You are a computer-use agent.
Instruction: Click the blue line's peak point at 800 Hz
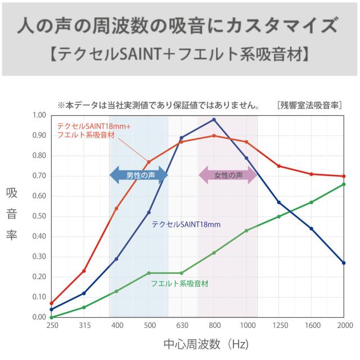pyautogui.click(x=214, y=119)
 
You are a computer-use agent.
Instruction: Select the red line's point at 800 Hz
pyautogui.click(x=214, y=136)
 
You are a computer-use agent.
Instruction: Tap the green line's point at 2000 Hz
pyautogui.click(x=344, y=184)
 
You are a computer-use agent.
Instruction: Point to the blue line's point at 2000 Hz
pyautogui.click(x=344, y=263)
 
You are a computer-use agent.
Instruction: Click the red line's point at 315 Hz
pyautogui.click(x=84, y=271)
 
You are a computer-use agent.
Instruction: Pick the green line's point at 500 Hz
pyautogui.click(x=149, y=273)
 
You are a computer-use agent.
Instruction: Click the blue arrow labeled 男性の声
pyautogui.click(x=138, y=175)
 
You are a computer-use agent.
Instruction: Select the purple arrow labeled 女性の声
pyautogui.click(x=228, y=175)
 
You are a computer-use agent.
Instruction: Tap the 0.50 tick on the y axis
pyautogui.click(x=39, y=217)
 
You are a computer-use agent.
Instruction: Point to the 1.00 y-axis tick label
pyautogui.click(x=39, y=115)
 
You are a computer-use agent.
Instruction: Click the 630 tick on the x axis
pyautogui.click(x=181, y=326)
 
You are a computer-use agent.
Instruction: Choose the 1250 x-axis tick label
pyautogui.click(x=279, y=326)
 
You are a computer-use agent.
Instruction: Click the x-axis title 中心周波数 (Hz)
pyautogui.click(x=205, y=344)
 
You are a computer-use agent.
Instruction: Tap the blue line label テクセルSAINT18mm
pyautogui.click(x=186, y=224)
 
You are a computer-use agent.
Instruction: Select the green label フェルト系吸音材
pyautogui.click(x=179, y=283)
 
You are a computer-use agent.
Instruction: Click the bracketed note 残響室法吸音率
pyautogui.click(x=309, y=105)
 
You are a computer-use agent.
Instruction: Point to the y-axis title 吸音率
pyautogui.click(x=12, y=214)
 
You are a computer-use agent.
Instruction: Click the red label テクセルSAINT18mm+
pyautogui.click(x=93, y=126)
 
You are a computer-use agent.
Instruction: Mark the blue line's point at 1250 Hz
pyautogui.click(x=279, y=202)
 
